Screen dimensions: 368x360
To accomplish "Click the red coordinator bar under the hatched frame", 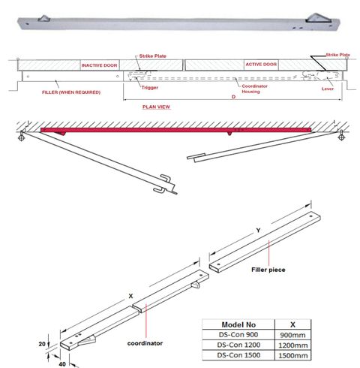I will (172, 131).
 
